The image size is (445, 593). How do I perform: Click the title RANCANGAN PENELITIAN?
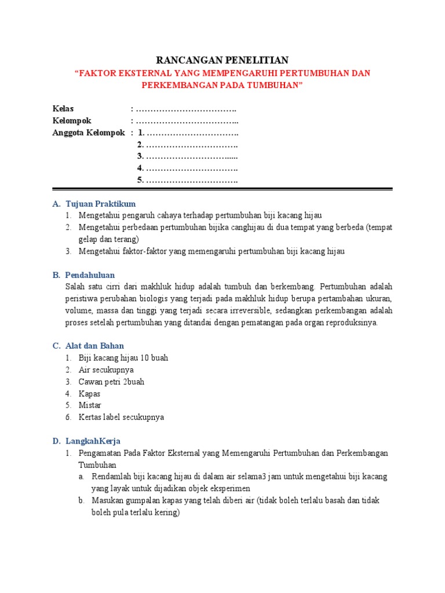tap(222, 60)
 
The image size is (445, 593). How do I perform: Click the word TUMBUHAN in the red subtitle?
tap(272, 85)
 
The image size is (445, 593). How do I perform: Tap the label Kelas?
tap(63, 108)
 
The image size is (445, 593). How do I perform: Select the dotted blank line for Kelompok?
tap(187, 120)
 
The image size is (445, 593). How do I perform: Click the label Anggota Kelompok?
tap(89, 133)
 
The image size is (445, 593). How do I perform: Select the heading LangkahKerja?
tap(93, 441)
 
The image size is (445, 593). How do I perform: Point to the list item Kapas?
tap(90, 393)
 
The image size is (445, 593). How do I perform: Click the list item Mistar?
tap(90, 405)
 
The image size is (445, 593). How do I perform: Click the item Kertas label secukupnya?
tap(121, 417)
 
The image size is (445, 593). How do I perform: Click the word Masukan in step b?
tap(107, 500)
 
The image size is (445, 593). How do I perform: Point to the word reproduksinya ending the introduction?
tap(353, 322)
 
